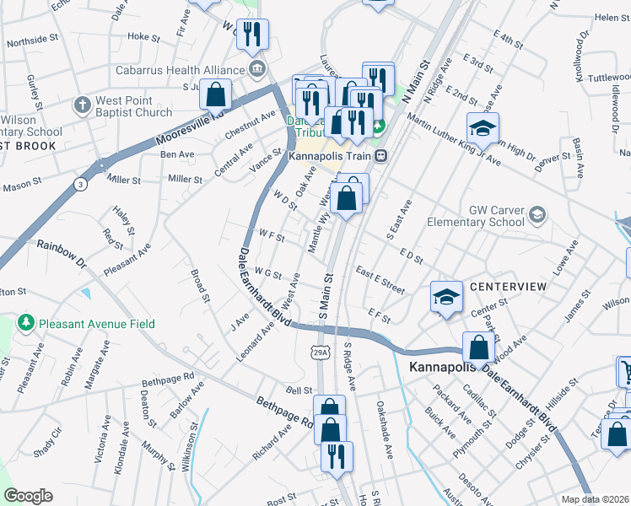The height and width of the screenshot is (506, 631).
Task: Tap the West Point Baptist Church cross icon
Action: pyautogui.click(x=82, y=105)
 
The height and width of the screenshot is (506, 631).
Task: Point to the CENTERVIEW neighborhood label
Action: pyautogui.click(x=508, y=288)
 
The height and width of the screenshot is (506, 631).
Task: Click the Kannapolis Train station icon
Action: pyautogui.click(x=382, y=155)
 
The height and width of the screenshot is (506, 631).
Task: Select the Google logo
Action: pyautogui.click(x=27, y=496)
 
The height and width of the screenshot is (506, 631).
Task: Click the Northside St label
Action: pyautogui.click(x=32, y=39)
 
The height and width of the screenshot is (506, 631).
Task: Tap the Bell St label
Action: pyautogui.click(x=299, y=390)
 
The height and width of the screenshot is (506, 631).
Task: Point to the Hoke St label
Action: pyautogui.click(x=143, y=37)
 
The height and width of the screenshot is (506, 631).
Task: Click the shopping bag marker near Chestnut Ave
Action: pyautogui.click(x=216, y=93)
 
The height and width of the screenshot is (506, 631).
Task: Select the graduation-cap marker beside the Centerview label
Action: pyautogui.click(x=447, y=296)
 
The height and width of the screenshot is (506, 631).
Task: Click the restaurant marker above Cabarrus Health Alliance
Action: pyautogui.click(x=251, y=34)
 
